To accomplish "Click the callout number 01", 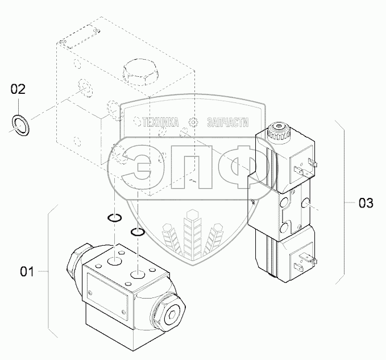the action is (x=28, y=272).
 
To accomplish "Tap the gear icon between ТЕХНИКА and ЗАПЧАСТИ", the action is (x=193, y=121).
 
